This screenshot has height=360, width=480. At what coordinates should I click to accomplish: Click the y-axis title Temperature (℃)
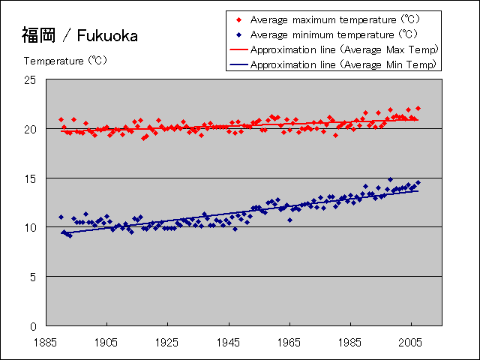pos(67,61)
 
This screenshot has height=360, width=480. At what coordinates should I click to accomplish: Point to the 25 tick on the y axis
pos(31,79)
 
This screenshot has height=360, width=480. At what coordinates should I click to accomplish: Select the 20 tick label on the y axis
pos(31,129)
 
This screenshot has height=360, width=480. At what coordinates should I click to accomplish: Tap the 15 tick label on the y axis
pos(31,178)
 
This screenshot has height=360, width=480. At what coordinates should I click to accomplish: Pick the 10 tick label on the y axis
pos(31,227)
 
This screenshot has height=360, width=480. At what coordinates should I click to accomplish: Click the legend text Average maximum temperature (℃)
pos(334,19)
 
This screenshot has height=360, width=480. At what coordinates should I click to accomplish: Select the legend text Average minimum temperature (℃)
pos(334,34)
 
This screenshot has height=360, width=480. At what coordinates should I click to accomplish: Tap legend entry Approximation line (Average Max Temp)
pos(344,49)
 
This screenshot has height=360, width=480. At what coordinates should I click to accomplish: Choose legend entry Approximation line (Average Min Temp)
pos(343,64)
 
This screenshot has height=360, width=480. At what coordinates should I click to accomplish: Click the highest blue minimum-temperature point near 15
pos(390,180)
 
